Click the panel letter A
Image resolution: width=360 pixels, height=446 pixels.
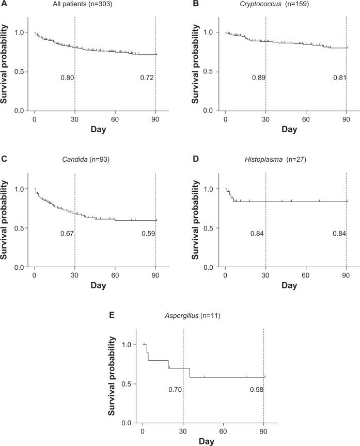pos(4,5)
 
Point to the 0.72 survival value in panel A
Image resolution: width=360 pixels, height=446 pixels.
pos(148,78)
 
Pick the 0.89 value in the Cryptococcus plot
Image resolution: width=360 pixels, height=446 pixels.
pos(259,78)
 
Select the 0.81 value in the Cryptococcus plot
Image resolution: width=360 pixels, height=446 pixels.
pos(339,78)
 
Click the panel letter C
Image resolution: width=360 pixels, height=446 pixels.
pos(4,159)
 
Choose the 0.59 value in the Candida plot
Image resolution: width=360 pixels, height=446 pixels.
pos(148,234)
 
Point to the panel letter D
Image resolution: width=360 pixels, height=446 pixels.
pos(195,159)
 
